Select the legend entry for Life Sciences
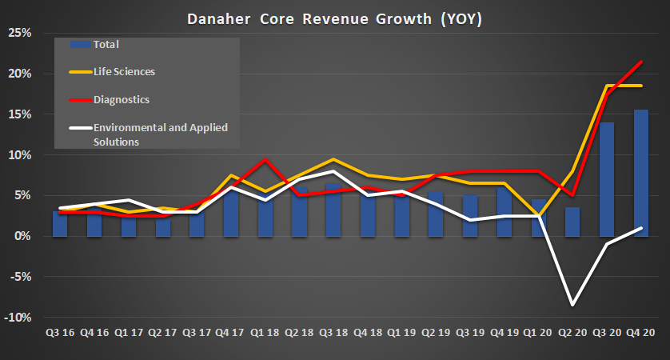click(124, 72)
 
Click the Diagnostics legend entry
click(121, 100)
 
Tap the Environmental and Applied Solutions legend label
click(145, 134)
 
